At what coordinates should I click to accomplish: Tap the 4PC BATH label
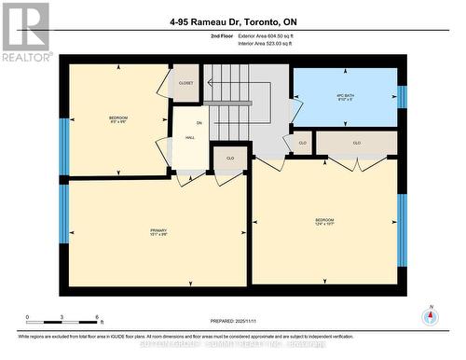click(x=346, y=96)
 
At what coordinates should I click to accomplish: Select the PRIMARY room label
click(x=158, y=231)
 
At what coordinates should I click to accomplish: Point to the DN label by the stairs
click(x=199, y=122)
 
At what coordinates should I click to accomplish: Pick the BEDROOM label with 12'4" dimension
click(x=324, y=221)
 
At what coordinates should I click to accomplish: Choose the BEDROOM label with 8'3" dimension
click(x=117, y=119)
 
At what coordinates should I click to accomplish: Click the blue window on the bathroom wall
click(x=402, y=96)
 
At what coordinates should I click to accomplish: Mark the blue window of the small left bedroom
click(x=64, y=146)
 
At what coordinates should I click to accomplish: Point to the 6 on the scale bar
click(x=98, y=318)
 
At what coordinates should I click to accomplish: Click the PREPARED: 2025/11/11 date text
click(x=233, y=322)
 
